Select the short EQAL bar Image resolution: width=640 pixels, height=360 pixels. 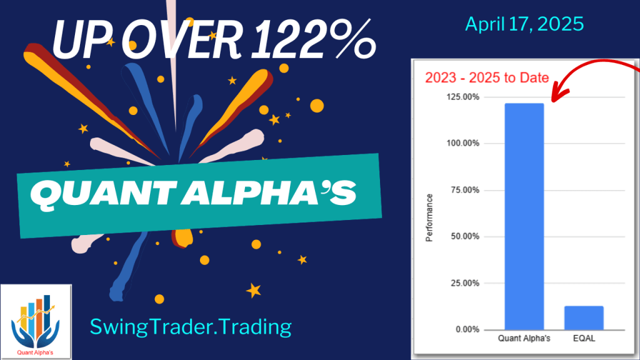584,317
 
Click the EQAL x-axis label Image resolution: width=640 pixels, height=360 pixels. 584,339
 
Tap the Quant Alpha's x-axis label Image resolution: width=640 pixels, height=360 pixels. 524,339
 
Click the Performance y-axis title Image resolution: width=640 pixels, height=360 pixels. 429,217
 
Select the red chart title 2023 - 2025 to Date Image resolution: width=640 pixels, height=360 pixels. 487,78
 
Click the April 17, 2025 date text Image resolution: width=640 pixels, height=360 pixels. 524,24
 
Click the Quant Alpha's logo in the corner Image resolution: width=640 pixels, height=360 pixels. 36,320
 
